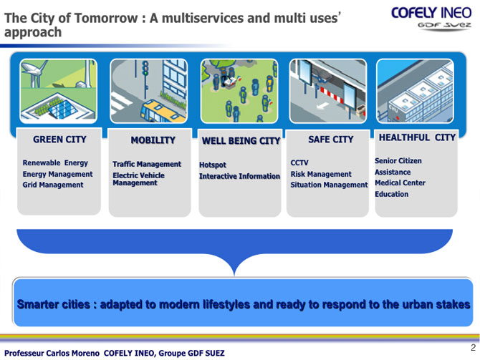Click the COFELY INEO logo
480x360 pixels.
click(431, 18)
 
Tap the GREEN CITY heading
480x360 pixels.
click(59, 140)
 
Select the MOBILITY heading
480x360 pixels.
click(153, 140)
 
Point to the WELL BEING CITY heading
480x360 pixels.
click(241, 141)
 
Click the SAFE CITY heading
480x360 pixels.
click(330, 140)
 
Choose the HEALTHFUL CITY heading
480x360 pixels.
click(417, 137)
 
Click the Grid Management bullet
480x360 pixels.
click(53, 185)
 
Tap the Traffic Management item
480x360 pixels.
click(147, 164)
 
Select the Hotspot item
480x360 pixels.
click(213, 165)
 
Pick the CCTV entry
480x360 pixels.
click(299, 162)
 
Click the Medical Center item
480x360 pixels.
click(400, 183)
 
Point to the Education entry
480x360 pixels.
click(392, 194)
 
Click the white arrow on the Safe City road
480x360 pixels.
click(322, 106)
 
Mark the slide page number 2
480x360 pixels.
click(474, 347)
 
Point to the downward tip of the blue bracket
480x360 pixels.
click(234, 275)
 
